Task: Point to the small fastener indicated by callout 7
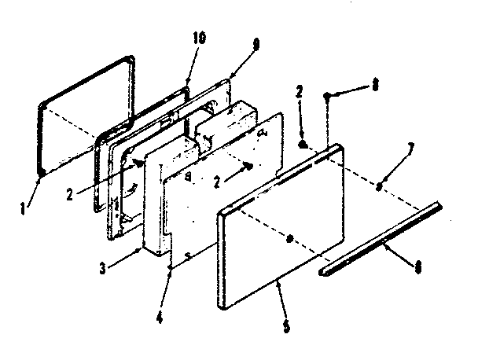click(x=379, y=186)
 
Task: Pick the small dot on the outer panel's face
click(x=290, y=237)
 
